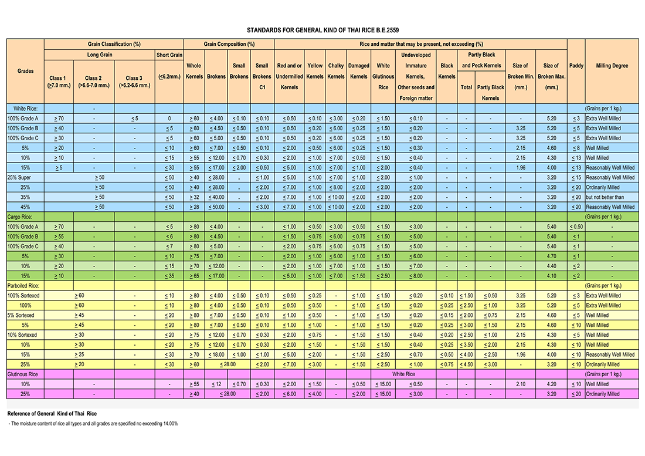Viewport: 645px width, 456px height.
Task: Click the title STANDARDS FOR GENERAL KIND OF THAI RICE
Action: point(322,30)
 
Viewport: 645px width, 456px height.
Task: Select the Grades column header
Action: point(25,71)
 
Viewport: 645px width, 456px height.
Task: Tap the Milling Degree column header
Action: point(612,66)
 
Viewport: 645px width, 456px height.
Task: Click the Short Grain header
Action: point(169,55)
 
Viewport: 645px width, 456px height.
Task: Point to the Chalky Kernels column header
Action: point(335,71)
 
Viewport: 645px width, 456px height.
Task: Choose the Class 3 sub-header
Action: point(134,82)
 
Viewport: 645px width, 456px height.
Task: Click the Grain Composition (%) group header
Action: point(229,44)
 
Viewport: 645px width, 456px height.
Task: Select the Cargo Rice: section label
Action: point(20,217)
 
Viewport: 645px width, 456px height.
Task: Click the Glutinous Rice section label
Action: point(23,374)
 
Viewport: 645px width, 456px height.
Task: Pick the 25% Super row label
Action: point(19,177)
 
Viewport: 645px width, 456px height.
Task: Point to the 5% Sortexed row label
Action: point(21,315)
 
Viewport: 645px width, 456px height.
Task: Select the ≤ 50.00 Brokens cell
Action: point(216,207)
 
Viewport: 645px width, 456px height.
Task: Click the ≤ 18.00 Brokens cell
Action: point(216,354)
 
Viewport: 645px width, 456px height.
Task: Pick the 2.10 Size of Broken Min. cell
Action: point(520,384)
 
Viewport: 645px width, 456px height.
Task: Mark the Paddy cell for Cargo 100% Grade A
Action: point(576,227)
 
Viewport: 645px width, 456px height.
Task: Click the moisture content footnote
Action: point(93,424)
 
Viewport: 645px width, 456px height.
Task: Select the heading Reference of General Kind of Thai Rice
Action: point(52,414)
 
